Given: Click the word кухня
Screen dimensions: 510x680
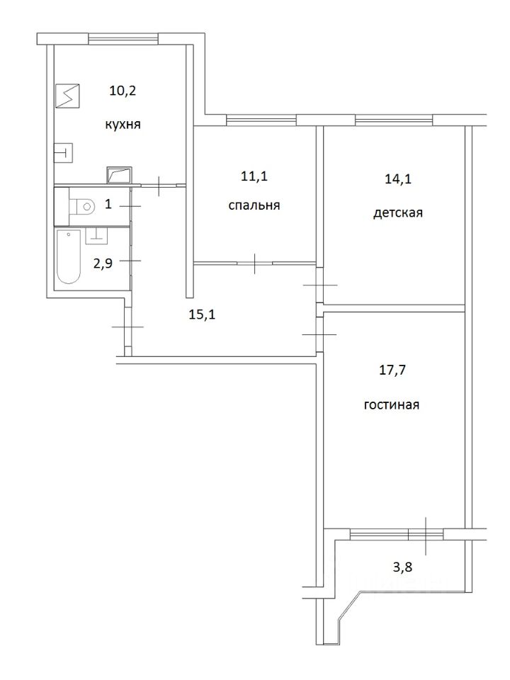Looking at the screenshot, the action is [x=123, y=125].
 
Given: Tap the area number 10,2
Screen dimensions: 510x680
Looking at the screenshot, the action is [x=123, y=92].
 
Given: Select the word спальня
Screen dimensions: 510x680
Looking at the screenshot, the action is [x=254, y=205].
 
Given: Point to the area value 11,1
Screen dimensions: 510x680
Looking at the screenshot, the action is [x=254, y=176].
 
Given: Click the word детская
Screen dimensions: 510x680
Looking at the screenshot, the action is [x=397, y=213].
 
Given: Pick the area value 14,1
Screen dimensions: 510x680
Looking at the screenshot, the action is [x=398, y=179].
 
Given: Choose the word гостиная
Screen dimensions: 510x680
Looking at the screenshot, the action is [x=392, y=405].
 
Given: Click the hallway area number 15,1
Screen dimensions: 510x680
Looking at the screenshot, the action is [x=202, y=314].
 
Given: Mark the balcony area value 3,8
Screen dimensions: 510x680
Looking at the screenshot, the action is [x=402, y=567].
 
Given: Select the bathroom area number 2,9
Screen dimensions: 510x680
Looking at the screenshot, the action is [x=103, y=263].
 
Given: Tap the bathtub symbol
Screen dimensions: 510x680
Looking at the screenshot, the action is [x=69, y=256].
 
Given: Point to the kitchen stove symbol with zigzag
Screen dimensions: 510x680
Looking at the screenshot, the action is [x=68, y=96].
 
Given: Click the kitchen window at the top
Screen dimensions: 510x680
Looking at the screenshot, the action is [x=123, y=39].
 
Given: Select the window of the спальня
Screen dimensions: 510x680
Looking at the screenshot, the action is [x=261, y=120].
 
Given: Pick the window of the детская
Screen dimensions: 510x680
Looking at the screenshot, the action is [x=394, y=120].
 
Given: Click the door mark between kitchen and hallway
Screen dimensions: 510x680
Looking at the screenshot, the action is [x=159, y=186].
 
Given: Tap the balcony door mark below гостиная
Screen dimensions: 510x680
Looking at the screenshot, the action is [x=426, y=535].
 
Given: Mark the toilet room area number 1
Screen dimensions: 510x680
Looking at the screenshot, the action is [x=108, y=204].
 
